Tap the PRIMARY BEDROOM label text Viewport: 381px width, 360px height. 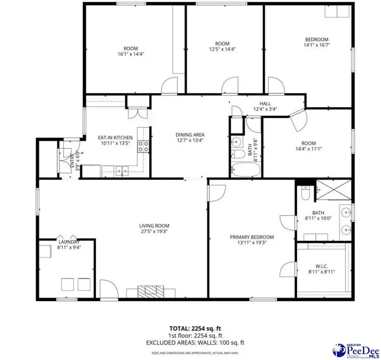(x=252, y=237)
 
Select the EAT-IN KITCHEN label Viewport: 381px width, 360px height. (x=116, y=138)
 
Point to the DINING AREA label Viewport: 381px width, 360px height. (x=190, y=135)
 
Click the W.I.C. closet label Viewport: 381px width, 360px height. (x=322, y=266)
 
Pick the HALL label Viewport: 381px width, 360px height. (x=265, y=103)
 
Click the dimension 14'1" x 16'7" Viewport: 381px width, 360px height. (x=316, y=45)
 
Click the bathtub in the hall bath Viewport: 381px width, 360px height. (x=246, y=170)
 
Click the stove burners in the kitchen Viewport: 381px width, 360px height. (x=144, y=146)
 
